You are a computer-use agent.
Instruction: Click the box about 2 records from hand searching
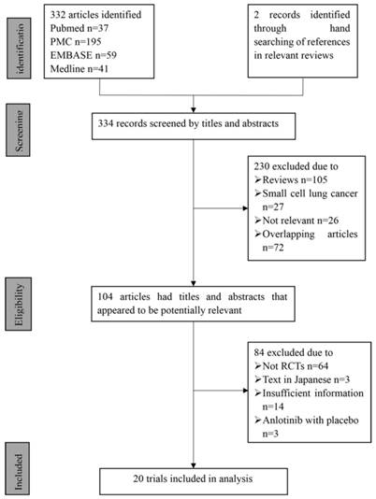pos(299,42)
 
